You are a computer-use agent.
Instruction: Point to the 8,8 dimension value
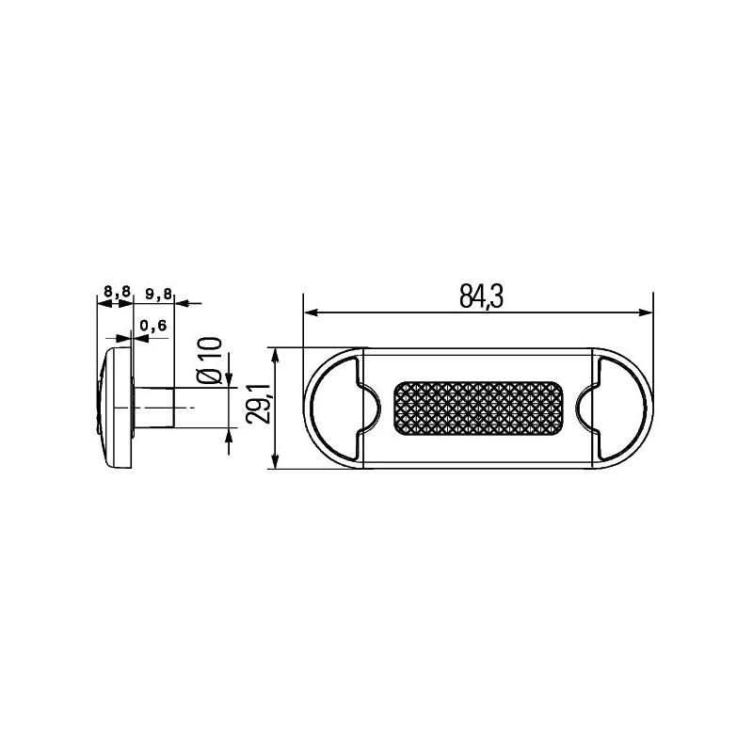pyautogui.click(x=117, y=293)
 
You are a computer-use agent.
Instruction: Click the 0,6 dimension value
pyautogui.click(x=152, y=326)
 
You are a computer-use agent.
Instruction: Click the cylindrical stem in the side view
pyautogui.click(x=155, y=408)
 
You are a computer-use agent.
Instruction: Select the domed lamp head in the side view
pyautogui.click(x=115, y=408)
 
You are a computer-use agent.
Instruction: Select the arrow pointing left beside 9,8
pyautogui.click(x=183, y=303)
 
